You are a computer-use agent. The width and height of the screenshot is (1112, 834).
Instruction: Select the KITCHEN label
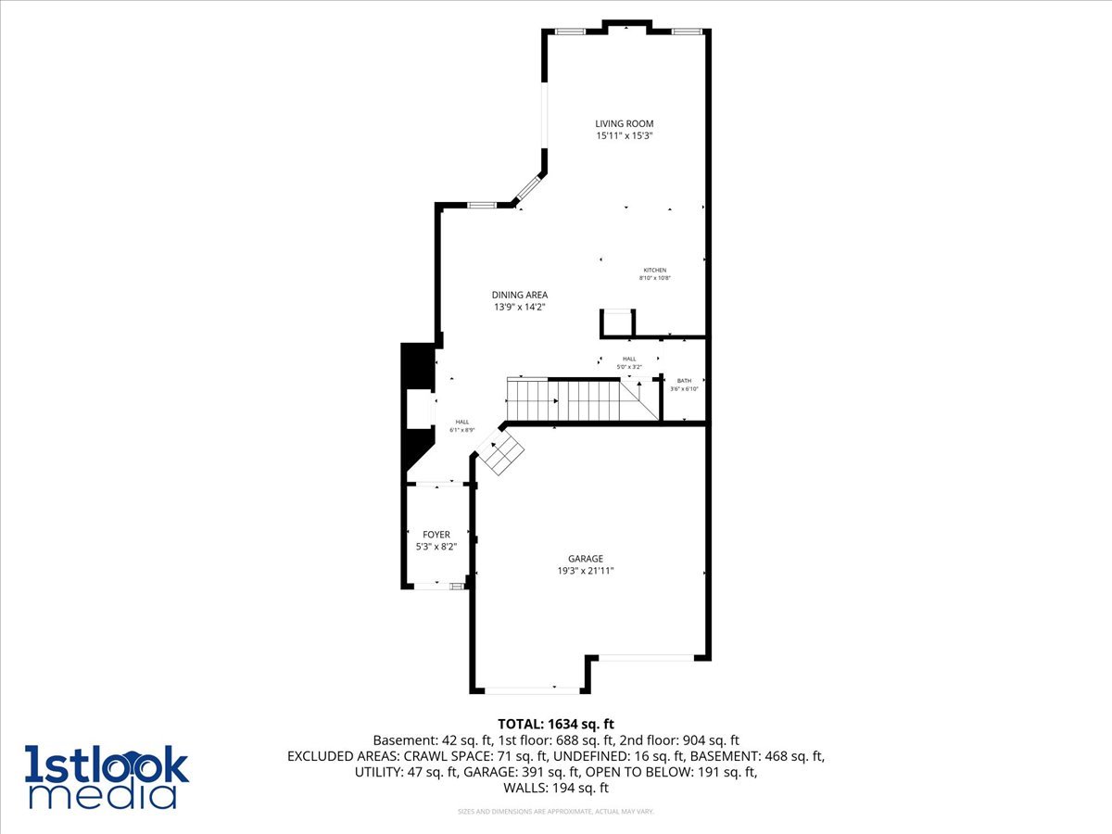pos(655,270)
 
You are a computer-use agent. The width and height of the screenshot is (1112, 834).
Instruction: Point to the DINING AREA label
pos(519,295)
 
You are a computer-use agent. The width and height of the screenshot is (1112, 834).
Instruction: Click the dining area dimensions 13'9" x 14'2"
pos(519,307)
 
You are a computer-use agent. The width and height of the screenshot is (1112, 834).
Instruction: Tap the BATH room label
pos(684,381)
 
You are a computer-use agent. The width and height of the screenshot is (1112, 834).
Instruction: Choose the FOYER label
pos(436,535)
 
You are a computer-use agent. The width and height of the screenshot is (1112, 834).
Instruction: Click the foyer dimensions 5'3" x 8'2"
pos(436,547)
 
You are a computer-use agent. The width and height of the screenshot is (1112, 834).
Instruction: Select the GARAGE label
pos(586,559)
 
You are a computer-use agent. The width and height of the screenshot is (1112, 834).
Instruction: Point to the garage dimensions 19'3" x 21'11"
pos(586,571)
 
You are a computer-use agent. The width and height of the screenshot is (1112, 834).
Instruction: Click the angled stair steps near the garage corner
pos(501,453)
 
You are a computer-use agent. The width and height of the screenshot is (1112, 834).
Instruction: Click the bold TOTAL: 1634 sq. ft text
pos(556,724)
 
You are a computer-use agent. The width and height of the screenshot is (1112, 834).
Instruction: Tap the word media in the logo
pos(102,794)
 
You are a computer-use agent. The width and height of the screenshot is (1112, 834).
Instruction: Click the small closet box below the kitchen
pos(617,323)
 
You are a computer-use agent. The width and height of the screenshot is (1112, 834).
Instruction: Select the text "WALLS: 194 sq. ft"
pos(556,788)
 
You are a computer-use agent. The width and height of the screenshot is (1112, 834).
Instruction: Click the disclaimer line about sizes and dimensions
pos(556,812)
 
